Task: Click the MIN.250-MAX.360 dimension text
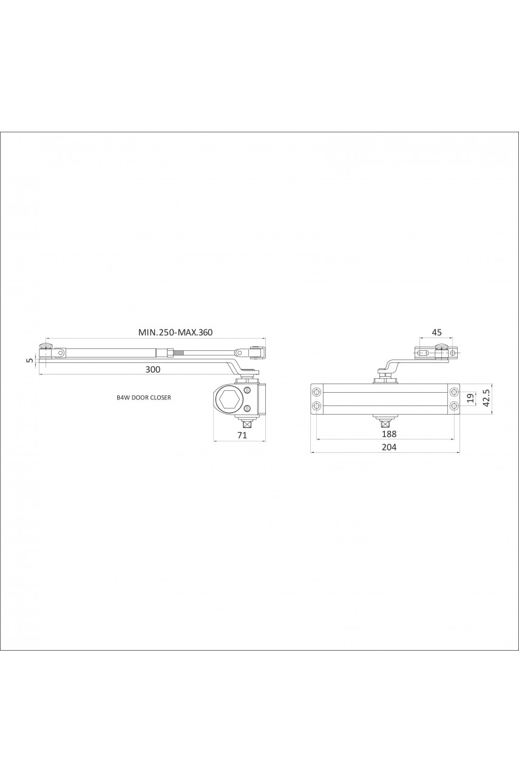click(x=175, y=332)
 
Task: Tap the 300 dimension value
click(x=153, y=370)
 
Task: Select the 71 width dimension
click(x=242, y=435)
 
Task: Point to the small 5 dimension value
click(x=30, y=360)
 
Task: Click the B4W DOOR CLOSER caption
click(x=144, y=398)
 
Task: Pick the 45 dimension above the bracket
click(x=437, y=332)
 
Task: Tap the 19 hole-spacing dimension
click(x=471, y=398)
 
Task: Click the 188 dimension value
click(x=389, y=434)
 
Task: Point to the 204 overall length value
click(x=389, y=447)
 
